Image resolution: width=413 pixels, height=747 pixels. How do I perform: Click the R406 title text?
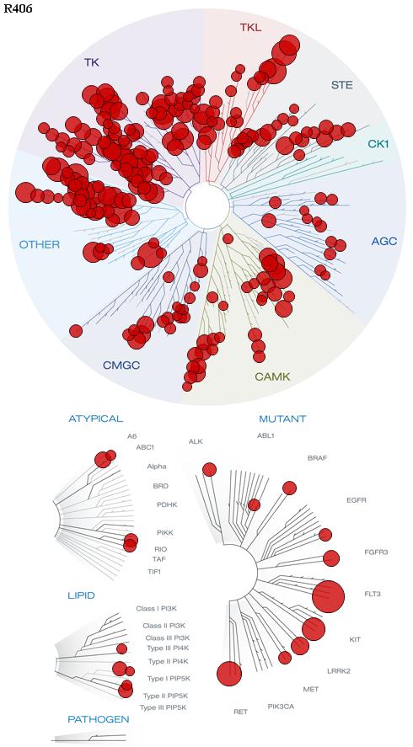coord(19,8)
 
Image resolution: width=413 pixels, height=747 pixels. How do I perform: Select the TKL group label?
coord(250,27)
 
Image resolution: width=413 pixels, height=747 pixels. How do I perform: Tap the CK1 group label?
coord(378,143)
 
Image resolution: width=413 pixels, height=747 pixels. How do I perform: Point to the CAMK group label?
coord(272,376)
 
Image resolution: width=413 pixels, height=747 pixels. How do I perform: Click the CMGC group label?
coord(121,365)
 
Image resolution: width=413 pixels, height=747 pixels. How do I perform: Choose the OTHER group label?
coord(40,245)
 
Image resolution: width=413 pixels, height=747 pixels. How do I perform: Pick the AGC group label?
coord(383,241)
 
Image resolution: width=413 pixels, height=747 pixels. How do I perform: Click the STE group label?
coord(342,85)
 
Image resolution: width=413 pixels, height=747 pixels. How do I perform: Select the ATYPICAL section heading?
coord(96,419)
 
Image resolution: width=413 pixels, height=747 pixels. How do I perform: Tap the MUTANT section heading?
coord(282,419)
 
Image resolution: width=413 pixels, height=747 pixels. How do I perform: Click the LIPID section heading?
coord(81,595)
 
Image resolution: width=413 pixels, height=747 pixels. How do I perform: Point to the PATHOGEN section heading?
coord(99,719)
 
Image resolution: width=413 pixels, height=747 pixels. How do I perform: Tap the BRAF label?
coord(317,458)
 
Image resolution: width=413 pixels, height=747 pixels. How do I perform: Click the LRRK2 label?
coord(339,671)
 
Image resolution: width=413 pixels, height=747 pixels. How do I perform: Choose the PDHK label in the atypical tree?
coord(167,504)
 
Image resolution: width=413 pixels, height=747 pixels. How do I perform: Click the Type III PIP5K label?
coord(163,707)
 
